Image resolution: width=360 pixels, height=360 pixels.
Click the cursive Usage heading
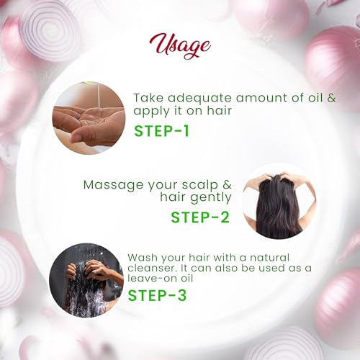point(180,46)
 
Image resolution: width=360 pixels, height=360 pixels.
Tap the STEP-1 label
point(161,131)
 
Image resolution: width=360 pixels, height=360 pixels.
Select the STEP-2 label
point(200,217)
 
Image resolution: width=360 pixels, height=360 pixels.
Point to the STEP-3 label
point(157,295)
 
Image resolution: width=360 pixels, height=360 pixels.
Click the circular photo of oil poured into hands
point(89,118)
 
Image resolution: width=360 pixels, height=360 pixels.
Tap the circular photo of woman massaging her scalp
point(279,202)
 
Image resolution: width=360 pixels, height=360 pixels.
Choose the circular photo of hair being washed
point(86,280)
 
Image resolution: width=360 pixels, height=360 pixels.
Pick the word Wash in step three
point(143,258)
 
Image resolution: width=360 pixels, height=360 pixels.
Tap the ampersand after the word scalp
point(227,185)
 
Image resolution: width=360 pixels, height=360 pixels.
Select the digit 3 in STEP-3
point(182,295)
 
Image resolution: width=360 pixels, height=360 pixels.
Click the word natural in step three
point(269,258)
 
